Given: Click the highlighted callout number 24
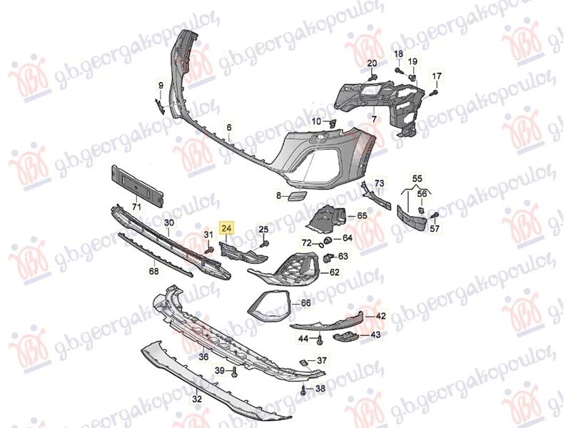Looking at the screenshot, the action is coord(226,228).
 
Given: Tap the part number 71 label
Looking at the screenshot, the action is coord(136,207).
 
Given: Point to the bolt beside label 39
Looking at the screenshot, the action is coord(235,372).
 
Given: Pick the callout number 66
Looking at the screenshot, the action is coord(306,303).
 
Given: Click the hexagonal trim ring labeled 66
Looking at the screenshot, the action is coord(268,304).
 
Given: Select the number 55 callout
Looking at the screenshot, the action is coord(417,178).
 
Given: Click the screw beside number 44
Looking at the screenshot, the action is coord(320,340).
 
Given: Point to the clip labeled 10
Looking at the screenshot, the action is coord(333,123).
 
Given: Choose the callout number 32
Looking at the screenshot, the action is coord(197,399).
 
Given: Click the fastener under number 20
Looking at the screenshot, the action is coord(372,77).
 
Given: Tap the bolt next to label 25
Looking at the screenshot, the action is coord(265,243).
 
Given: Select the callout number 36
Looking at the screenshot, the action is coord(203,357).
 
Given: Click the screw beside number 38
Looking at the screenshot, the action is coord(305,389).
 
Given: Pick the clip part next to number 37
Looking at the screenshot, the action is coord(303,362).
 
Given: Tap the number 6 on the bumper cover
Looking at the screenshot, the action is coord(228,128).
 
